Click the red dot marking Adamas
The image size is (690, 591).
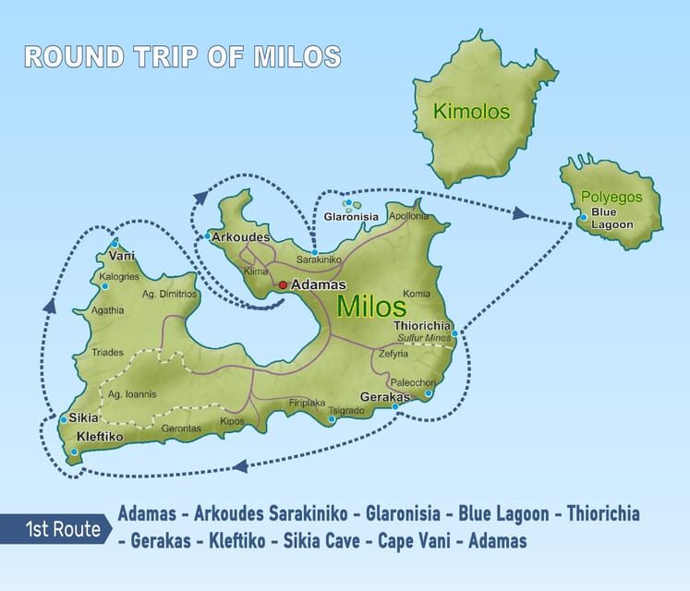pyautogui.click(x=283, y=285)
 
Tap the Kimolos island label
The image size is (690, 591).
pyautogui.click(x=471, y=114)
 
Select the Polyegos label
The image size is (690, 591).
pyautogui.click(x=611, y=197)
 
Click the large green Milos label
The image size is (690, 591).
pyautogui.click(x=371, y=307)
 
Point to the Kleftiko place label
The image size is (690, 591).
pyautogui.click(x=100, y=435)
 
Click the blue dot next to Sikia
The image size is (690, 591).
pyautogui.click(x=63, y=419)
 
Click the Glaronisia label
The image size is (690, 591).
pyautogui.click(x=351, y=217)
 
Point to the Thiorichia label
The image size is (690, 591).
pyautogui.click(x=422, y=325)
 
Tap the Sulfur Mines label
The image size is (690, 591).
pyautogui.click(x=422, y=339)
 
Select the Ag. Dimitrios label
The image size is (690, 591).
pyautogui.click(x=169, y=294)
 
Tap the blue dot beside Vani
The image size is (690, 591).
pyautogui.click(x=115, y=244)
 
